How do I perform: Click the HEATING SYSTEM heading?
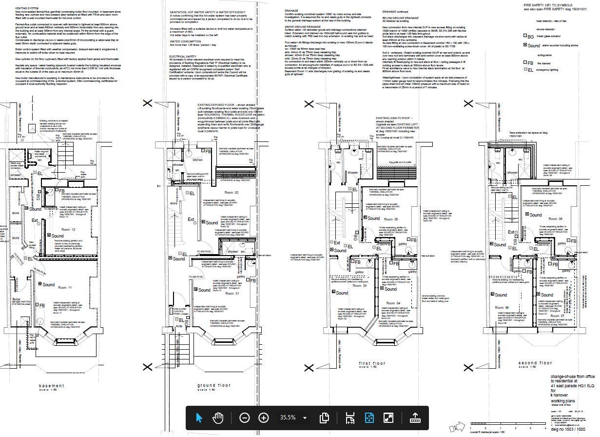click(x=27, y=8)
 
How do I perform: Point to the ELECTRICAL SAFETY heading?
click(x=183, y=57)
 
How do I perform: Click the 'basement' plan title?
click(x=51, y=386)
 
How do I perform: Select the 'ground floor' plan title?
click(x=213, y=385)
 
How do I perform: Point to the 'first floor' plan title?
click(x=372, y=363)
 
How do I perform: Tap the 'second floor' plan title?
click(x=535, y=363)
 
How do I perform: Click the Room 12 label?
click(x=68, y=229)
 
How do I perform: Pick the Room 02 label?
click(x=231, y=193)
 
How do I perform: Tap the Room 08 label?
click(x=556, y=219)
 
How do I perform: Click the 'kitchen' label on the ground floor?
click(x=197, y=159)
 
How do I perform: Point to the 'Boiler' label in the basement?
click(x=17, y=299)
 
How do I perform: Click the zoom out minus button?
click(x=245, y=417)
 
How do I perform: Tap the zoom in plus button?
click(x=263, y=417)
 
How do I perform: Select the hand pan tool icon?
click(x=217, y=417)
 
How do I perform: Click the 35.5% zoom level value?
click(x=288, y=417)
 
